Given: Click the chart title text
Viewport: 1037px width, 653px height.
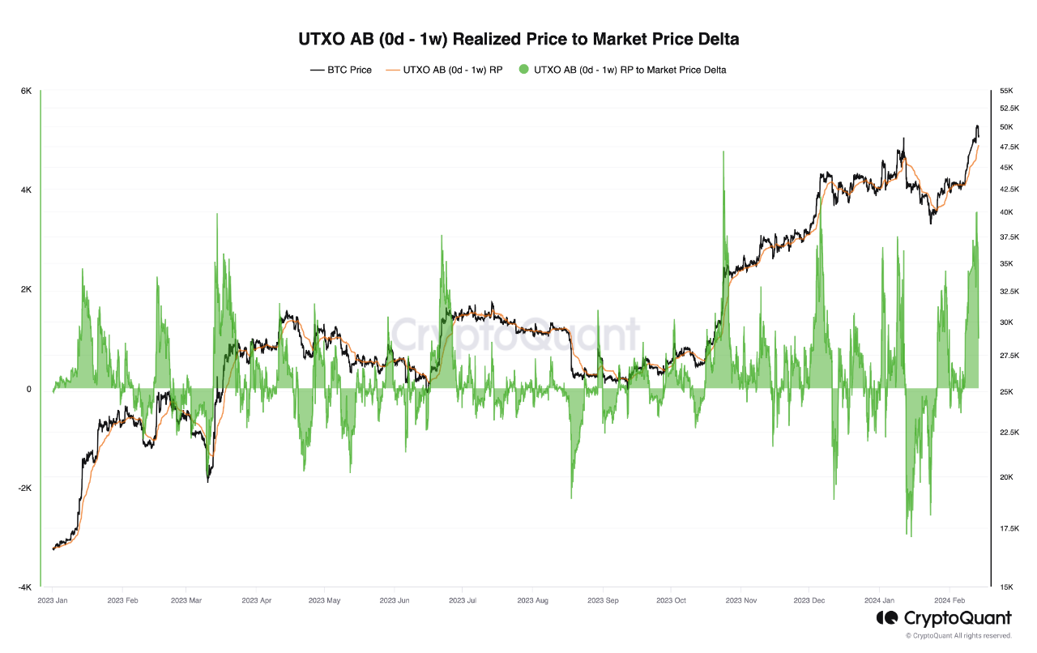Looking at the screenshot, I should [x=518, y=38].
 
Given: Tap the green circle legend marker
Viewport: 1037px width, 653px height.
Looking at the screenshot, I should [x=523, y=70].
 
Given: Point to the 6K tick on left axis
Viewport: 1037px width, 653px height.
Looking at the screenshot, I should [x=26, y=92].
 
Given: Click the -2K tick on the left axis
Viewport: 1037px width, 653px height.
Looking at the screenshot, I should [x=24, y=489].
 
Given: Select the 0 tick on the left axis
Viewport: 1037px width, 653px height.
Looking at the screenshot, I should [x=28, y=389].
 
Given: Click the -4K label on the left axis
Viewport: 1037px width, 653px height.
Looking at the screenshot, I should [x=24, y=587].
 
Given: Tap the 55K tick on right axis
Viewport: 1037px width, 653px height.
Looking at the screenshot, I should [x=1006, y=92].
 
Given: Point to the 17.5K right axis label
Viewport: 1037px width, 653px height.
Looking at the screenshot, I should [x=1009, y=529].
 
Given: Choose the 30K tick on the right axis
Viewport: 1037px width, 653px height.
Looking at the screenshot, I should [x=1006, y=322].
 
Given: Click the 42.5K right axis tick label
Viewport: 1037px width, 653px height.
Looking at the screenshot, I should [x=1009, y=189].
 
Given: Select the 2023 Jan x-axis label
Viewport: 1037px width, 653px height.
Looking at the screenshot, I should [x=53, y=600].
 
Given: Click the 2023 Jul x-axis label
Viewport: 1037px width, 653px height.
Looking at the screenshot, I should [x=462, y=600].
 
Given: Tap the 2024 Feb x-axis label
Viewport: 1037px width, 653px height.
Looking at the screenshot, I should [x=949, y=600].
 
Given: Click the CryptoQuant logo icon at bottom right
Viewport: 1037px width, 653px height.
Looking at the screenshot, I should [x=886, y=618].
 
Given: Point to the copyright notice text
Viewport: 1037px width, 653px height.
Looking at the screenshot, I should [x=958, y=636].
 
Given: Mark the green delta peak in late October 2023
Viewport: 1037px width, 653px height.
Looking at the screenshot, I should [x=722, y=152].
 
